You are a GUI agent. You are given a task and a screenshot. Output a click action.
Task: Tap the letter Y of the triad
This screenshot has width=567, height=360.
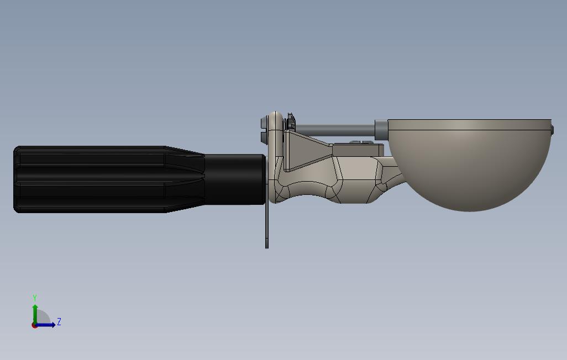[35, 298]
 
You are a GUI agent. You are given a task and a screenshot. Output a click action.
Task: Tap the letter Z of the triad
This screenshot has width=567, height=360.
[59, 322]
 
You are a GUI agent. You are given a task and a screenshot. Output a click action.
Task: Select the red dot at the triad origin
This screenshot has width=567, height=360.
[34, 325]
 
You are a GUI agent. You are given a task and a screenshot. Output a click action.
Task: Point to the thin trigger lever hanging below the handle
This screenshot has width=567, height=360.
[267, 226]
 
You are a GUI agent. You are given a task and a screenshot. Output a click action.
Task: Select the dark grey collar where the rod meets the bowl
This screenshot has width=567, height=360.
[381, 130]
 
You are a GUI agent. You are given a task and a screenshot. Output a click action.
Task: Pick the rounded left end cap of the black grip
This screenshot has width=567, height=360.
[17, 179]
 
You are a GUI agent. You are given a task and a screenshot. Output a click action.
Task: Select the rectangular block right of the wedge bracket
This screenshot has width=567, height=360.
[356, 150]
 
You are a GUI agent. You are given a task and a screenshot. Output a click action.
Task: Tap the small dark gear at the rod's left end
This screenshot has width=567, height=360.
[291, 122]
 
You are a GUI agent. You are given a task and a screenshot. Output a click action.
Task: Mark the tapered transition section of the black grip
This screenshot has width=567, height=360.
[185, 179]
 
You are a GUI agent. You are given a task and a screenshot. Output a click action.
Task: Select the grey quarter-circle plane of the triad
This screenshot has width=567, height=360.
[43, 318]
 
